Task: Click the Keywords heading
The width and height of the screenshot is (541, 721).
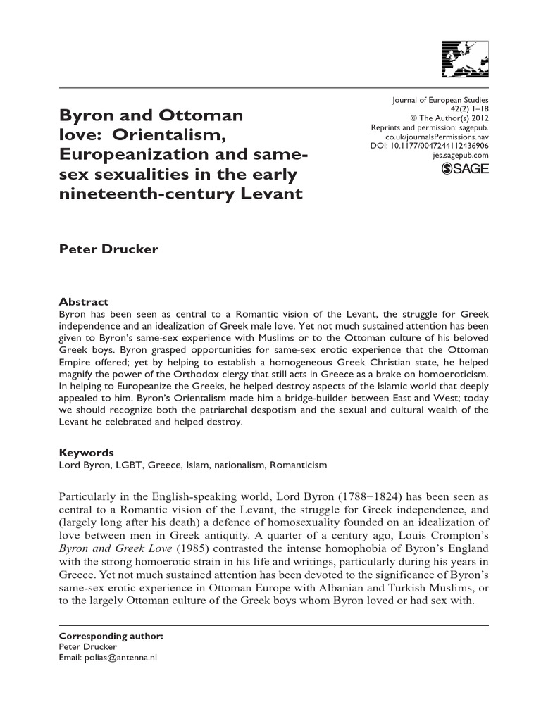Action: (x=85, y=453)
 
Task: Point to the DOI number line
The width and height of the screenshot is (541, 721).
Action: (x=429, y=144)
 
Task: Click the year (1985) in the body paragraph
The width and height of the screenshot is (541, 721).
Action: (x=197, y=550)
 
